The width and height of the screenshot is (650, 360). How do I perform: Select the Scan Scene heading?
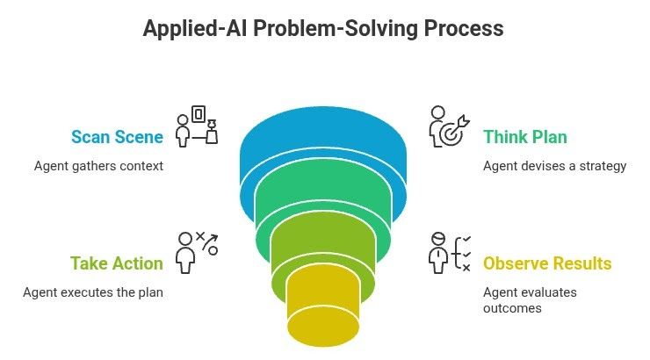tap(117, 137)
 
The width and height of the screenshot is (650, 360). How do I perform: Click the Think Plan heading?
tap(525, 137)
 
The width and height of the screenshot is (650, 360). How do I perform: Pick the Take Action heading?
tap(117, 263)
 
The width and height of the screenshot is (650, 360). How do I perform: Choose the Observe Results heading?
tap(547, 263)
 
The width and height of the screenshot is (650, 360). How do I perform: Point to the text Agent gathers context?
tap(99, 165)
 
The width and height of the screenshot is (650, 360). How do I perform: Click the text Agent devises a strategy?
tap(554, 165)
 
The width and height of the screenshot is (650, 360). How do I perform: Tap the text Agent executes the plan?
tap(92, 292)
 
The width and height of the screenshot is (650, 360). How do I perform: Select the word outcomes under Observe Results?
tap(510, 308)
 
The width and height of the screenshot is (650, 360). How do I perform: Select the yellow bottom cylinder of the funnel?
tap(324, 307)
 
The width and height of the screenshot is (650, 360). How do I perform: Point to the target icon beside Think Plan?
tap(449, 127)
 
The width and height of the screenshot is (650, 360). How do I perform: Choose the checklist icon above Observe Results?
tap(450, 252)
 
